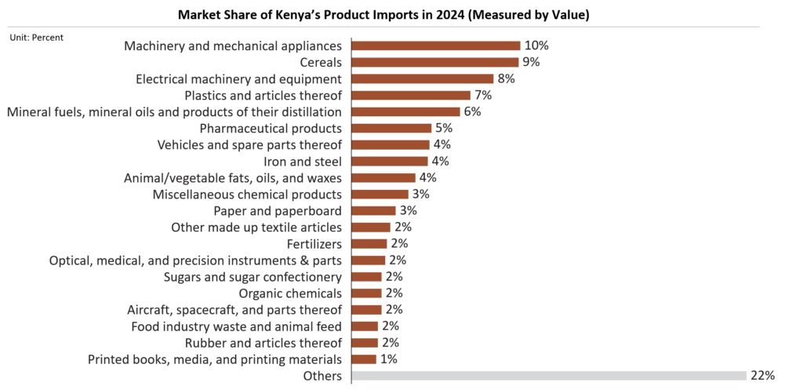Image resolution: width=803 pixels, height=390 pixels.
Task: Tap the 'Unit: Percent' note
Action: tap(37, 37)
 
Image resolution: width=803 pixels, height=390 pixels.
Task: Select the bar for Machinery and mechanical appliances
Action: tap(436, 46)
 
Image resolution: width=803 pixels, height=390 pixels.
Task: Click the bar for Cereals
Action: tap(435, 62)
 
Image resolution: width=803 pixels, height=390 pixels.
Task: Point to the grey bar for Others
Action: tap(549, 376)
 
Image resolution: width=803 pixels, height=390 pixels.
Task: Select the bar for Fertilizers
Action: tap(369, 243)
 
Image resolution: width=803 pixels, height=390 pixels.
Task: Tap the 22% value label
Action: tap(762, 376)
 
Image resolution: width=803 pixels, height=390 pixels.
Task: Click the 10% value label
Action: tap(536, 46)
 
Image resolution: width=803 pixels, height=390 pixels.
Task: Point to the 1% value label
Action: tap(389, 359)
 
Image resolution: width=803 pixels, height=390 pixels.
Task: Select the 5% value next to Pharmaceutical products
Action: tap(444, 128)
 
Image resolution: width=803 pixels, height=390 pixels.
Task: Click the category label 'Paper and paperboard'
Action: tap(278, 210)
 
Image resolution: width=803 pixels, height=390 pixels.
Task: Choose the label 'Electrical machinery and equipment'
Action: tap(238, 78)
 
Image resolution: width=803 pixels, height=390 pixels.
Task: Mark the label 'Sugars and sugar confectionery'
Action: tap(253, 276)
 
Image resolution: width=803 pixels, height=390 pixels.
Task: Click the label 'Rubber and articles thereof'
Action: tap(263, 343)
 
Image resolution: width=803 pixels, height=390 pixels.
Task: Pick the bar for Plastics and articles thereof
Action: tap(411, 95)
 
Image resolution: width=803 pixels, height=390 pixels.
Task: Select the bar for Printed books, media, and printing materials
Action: tap(365, 359)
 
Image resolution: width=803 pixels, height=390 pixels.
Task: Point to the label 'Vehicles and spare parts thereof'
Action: tap(249, 144)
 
